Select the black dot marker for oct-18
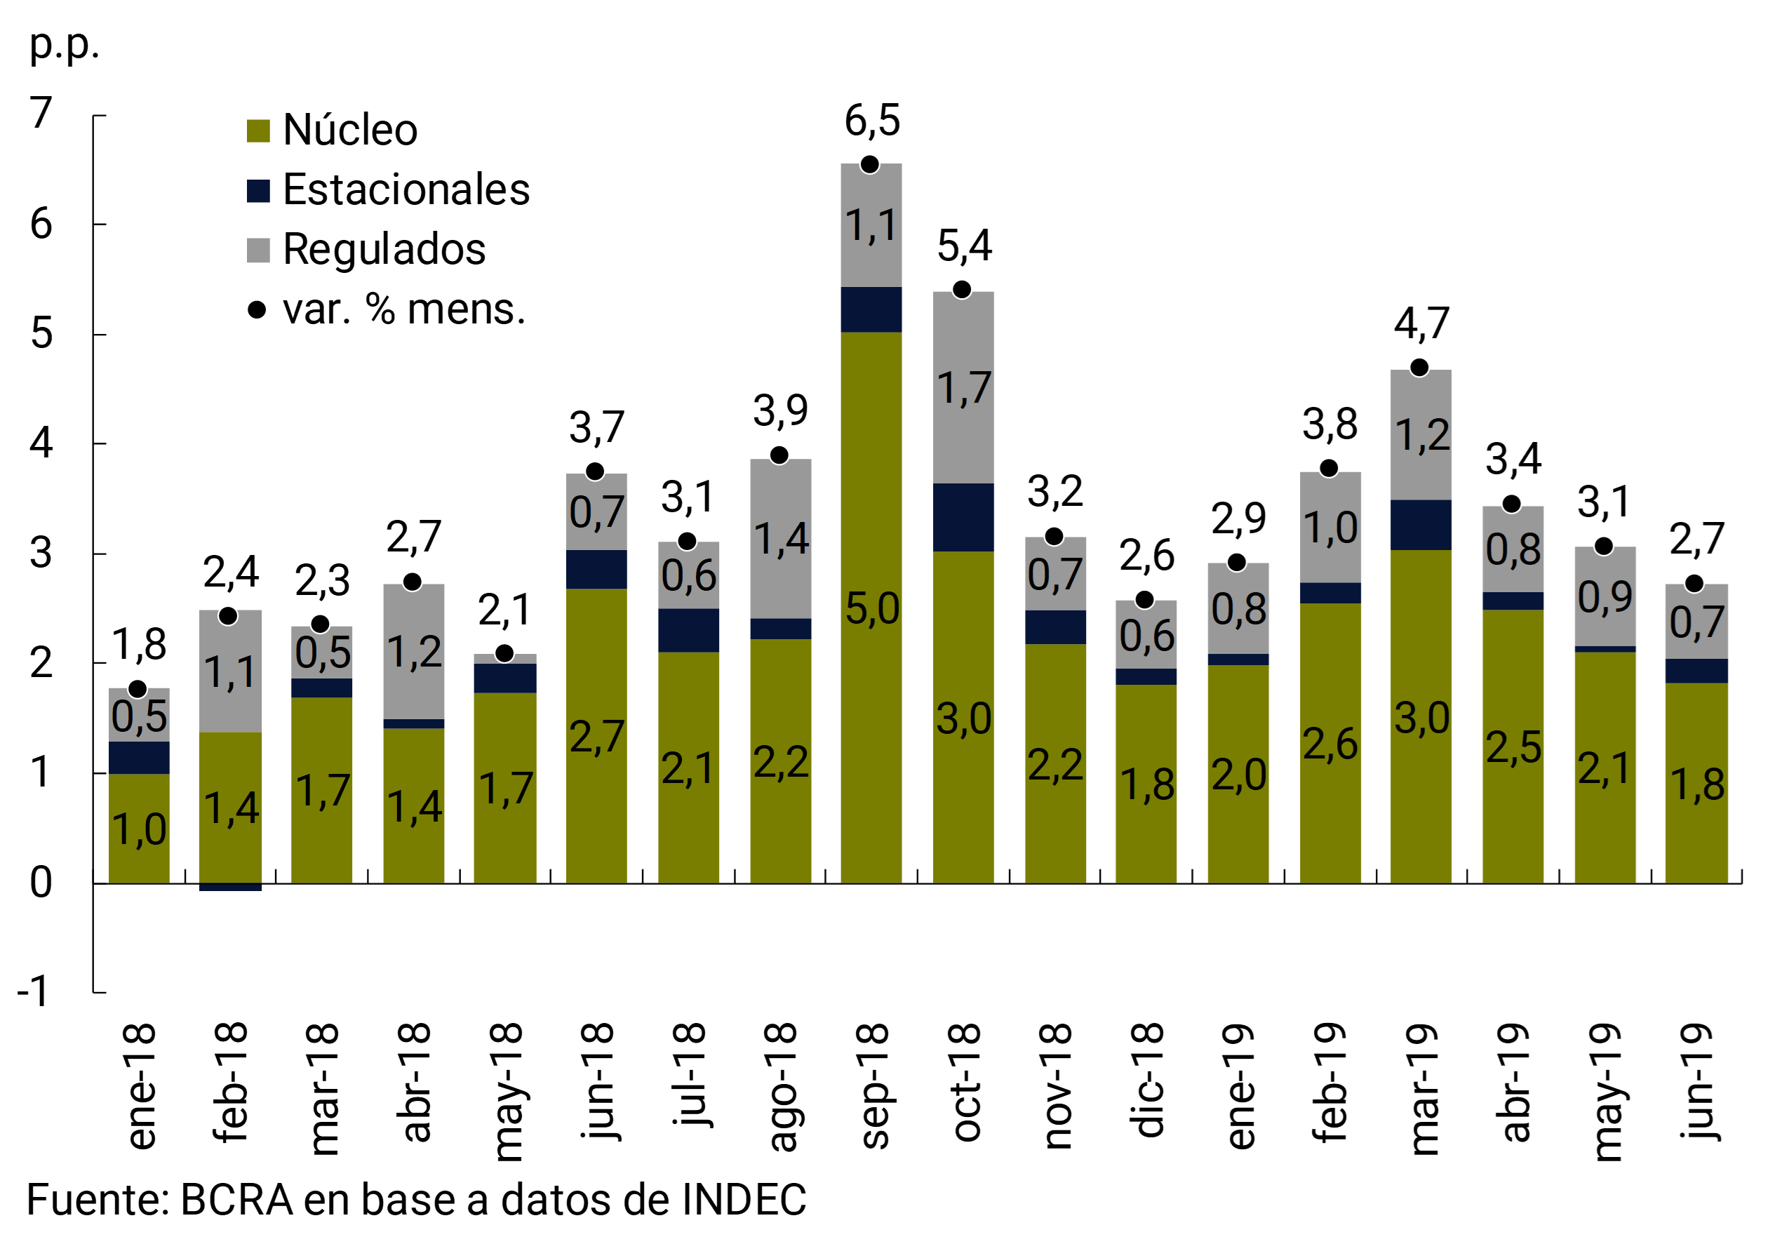(962, 290)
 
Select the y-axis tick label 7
(41, 113)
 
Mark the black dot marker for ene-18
(138, 689)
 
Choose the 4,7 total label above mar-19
(1421, 323)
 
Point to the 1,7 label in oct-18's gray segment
(963, 388)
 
